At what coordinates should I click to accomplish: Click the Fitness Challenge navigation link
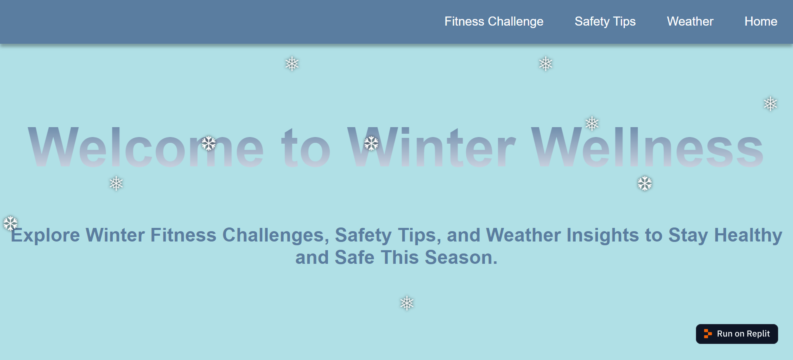494,21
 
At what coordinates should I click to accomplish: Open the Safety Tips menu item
605,21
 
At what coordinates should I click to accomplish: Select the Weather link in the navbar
690,21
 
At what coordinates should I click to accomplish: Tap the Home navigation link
760,21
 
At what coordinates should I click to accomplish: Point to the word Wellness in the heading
647,147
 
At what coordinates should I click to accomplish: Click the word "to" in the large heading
306,147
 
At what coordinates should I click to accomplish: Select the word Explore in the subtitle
45,235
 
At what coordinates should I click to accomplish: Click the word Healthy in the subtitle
748,235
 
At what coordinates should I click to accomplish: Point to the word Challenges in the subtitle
275,235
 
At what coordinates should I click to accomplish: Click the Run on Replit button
737,334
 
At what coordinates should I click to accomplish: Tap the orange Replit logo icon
708,334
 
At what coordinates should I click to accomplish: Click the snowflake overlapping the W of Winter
371,143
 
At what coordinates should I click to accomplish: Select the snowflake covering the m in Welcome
209,143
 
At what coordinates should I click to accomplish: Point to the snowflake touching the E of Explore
10,223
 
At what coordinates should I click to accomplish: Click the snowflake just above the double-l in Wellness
592,123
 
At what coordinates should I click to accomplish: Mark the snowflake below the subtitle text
407,303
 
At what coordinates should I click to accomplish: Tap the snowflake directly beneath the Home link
770,104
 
